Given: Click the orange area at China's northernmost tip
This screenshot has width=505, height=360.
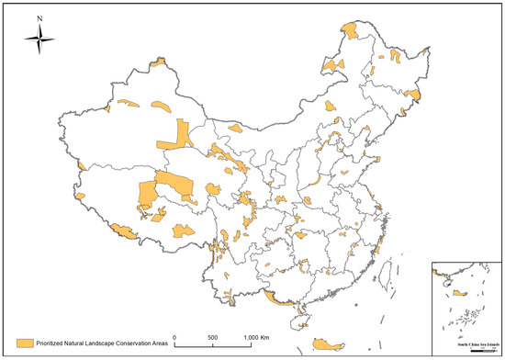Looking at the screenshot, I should pos(351,34).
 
